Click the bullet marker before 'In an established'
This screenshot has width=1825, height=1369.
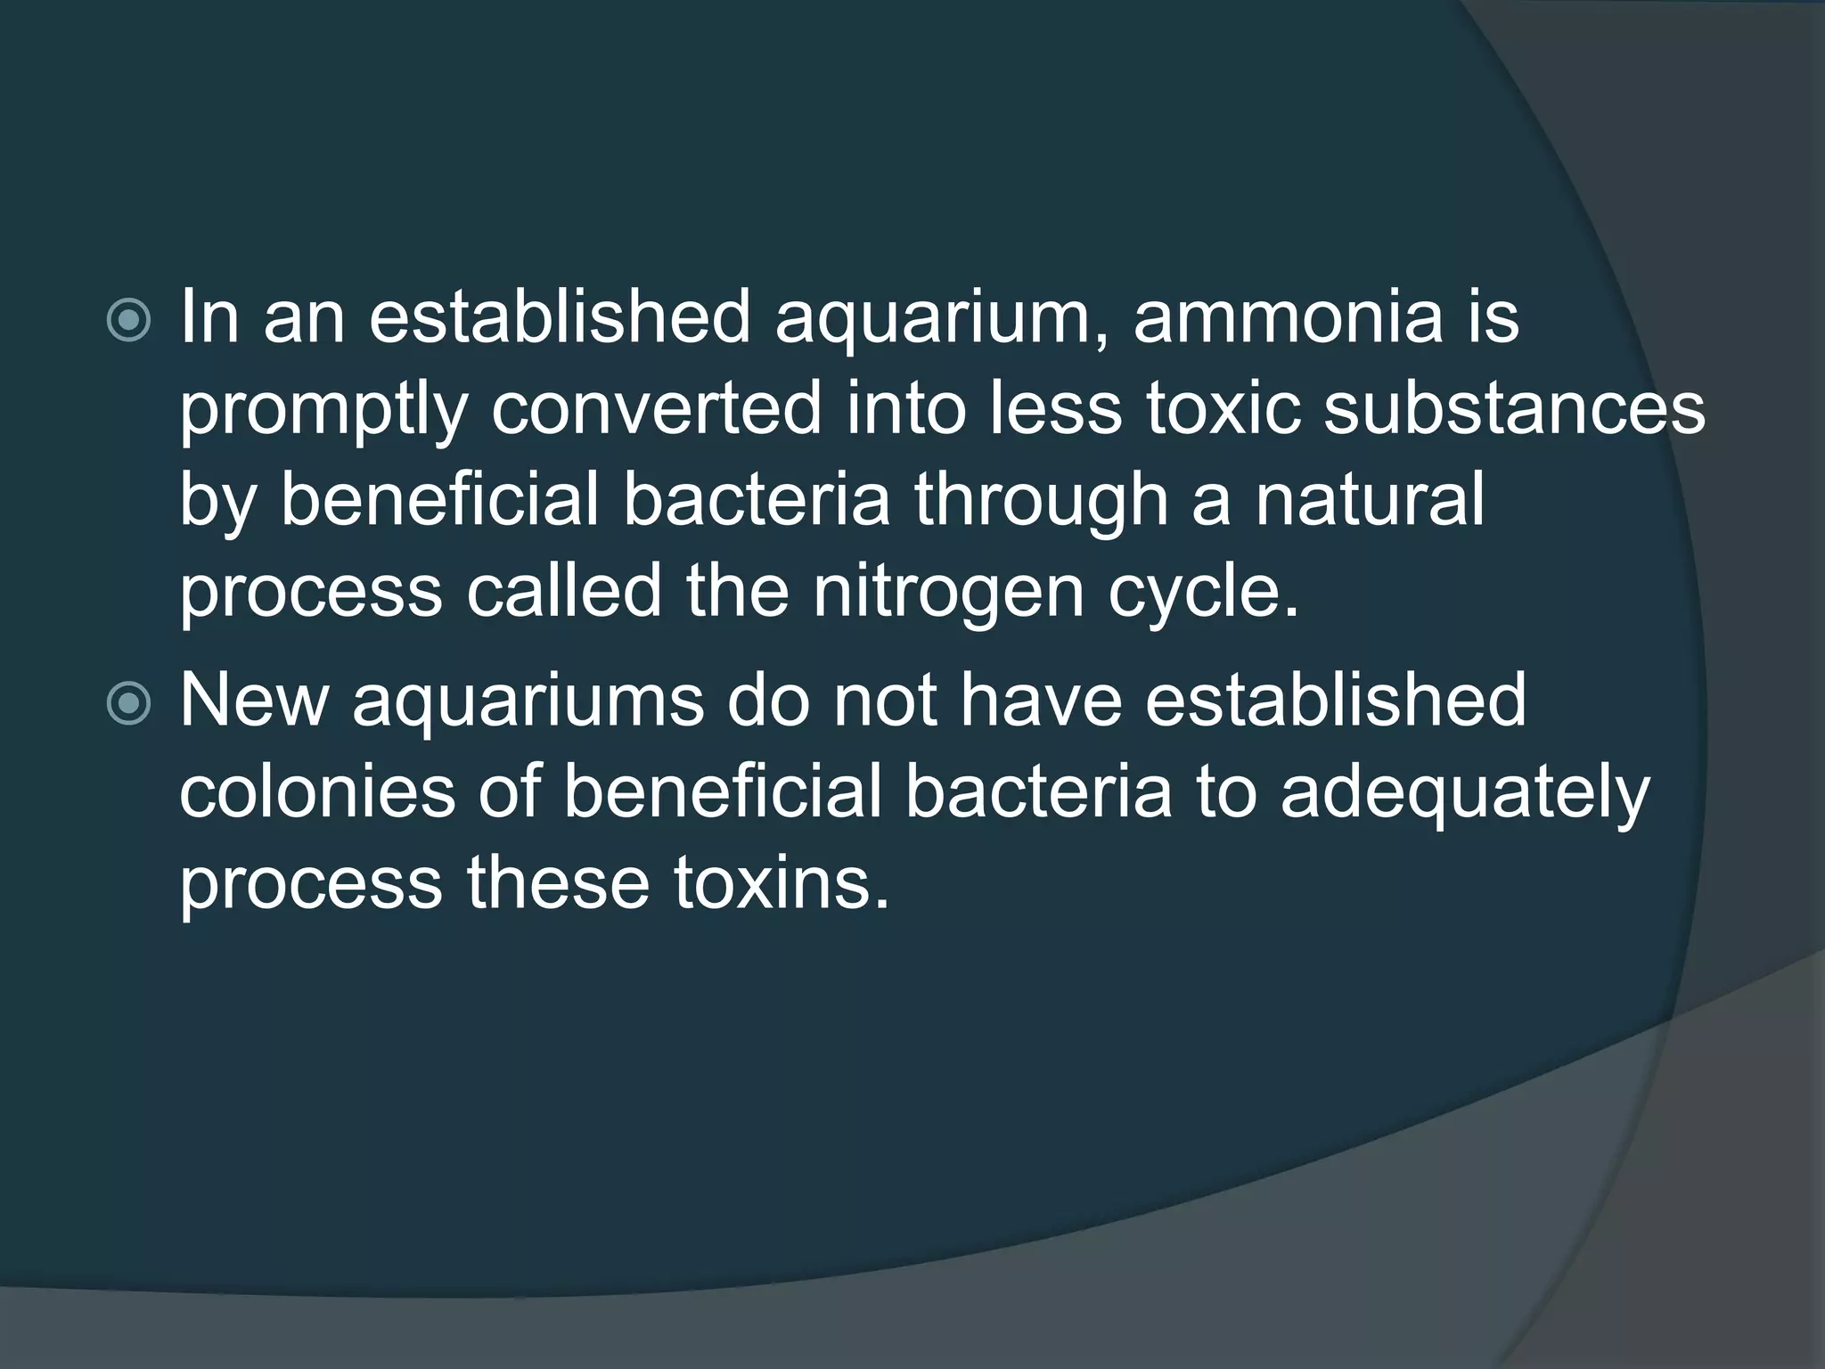[128, 321]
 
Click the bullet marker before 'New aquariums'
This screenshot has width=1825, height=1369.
[128, 704]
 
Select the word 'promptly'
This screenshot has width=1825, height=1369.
[323, 412]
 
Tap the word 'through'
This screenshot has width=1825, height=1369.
[1041, 501]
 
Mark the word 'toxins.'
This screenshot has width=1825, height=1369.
[782, 884]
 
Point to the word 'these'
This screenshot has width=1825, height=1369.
[558, 884]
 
